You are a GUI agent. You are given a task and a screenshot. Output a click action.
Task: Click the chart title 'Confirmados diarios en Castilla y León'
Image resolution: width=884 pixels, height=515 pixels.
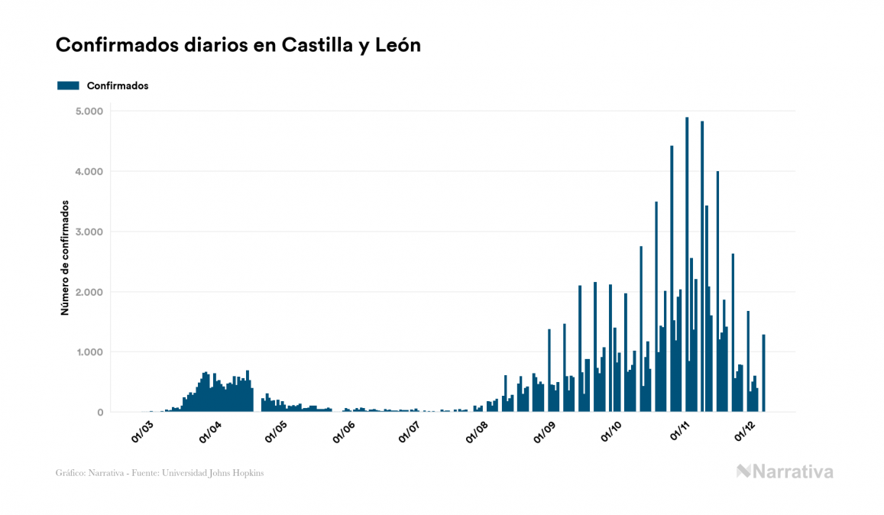(238, 46)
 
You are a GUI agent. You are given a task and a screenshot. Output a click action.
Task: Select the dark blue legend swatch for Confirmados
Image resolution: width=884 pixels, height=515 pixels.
(68, 86)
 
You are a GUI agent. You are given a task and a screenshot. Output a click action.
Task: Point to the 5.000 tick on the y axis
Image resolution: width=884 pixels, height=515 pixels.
(89, 112)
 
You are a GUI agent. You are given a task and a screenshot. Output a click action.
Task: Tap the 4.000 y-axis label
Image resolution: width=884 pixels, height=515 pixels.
(89, 172)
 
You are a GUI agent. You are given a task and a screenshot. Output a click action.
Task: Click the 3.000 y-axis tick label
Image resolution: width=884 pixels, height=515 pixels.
(89, 232)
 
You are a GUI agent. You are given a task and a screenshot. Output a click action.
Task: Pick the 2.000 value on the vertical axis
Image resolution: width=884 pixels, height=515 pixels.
(89, 293)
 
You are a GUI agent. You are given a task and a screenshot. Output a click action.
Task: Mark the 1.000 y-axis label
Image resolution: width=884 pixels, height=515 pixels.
(89, 353)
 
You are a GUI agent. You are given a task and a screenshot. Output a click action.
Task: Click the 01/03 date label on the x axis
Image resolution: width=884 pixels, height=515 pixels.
(143, 432)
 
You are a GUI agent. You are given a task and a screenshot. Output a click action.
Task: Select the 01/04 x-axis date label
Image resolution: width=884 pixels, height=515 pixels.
(209, 432)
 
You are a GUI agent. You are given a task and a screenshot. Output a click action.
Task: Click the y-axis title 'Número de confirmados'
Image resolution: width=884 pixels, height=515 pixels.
(66, 258)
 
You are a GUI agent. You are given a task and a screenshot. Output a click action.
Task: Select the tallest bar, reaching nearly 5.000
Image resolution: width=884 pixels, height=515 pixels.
(687, 264)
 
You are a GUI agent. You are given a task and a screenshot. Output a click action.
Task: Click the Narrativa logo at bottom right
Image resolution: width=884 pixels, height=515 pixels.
(785, 471)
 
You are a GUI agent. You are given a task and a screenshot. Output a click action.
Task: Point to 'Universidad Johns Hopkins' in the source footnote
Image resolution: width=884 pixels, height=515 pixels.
(221, 473)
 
